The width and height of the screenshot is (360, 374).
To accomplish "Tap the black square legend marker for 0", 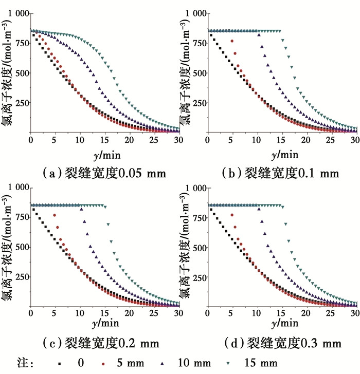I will [60, 364].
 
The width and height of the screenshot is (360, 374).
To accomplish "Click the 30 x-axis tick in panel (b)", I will [354, 140].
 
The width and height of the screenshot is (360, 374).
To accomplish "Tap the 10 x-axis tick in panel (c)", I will [79, 313].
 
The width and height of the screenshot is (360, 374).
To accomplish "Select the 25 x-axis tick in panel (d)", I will [330, 313].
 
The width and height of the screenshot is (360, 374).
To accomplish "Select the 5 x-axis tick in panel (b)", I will [231, 140].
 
